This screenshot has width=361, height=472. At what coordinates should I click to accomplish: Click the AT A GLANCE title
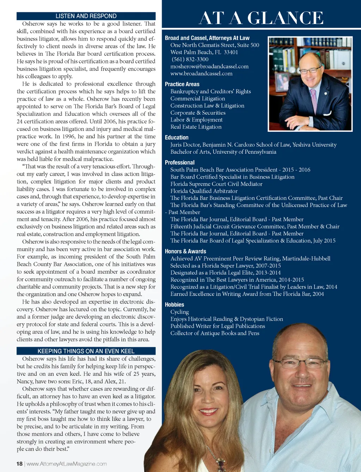261,18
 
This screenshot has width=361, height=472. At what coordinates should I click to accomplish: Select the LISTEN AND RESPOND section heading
86,16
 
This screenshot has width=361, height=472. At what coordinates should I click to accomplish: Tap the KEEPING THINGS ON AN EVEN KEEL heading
86,351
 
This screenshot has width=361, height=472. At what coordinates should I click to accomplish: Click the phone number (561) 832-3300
190,59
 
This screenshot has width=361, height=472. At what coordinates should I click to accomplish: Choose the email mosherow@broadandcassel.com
209,66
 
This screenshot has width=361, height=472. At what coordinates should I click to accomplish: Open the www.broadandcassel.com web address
201,73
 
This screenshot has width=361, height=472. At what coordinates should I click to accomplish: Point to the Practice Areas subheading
182,84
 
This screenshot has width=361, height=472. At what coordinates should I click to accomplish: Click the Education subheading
177,137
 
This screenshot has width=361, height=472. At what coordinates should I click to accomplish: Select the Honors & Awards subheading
185,251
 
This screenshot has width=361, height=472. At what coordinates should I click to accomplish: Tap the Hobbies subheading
175,305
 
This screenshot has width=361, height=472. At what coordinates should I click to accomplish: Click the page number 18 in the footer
19,464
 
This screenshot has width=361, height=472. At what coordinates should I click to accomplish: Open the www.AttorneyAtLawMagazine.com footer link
67,464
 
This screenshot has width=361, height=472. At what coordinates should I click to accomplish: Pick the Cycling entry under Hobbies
179,312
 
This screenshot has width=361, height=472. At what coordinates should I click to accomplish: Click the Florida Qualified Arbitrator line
204,191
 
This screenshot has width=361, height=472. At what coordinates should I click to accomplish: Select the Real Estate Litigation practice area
196,127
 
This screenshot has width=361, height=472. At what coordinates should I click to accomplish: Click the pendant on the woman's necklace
220,462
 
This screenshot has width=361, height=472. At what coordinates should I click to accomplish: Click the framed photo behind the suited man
282,82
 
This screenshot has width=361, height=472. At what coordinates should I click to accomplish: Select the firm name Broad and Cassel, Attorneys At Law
207,38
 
